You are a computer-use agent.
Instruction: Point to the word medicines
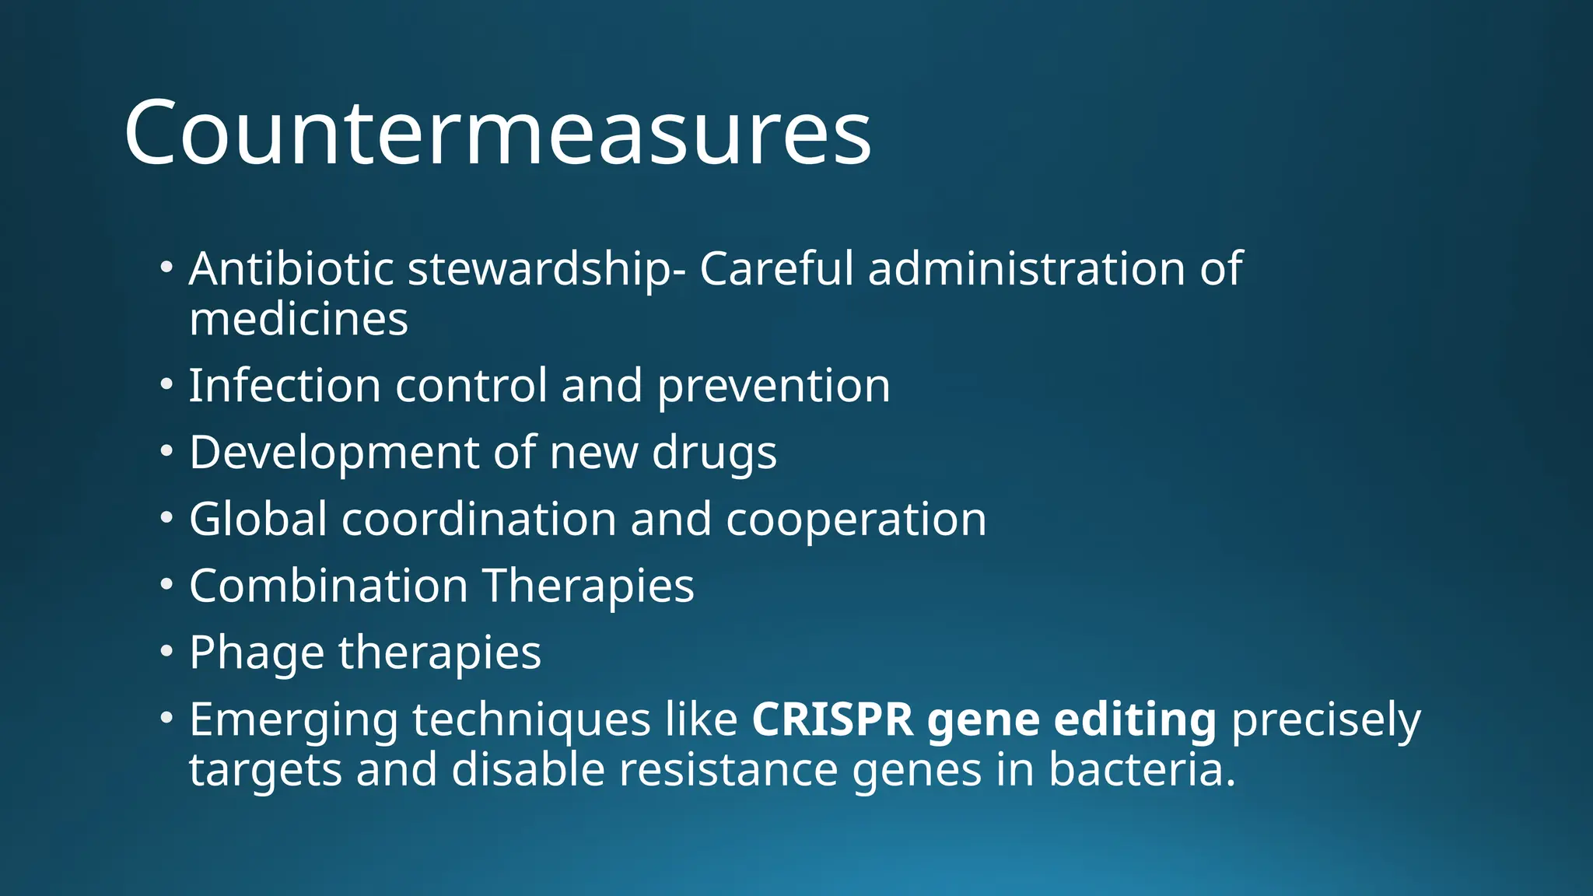point(299,320)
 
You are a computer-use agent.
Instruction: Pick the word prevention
point(773,386)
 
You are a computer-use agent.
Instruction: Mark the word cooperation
point(856,520)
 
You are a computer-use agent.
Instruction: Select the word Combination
point(327,586)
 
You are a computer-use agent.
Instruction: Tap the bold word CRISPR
point(832,719)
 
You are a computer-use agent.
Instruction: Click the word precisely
point(1325,721)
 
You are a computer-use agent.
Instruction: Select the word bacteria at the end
point(1141,770)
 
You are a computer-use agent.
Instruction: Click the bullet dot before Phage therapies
point(166,651)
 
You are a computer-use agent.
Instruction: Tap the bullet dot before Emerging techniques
point(166,717)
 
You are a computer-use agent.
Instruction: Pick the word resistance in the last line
point(728,770)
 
